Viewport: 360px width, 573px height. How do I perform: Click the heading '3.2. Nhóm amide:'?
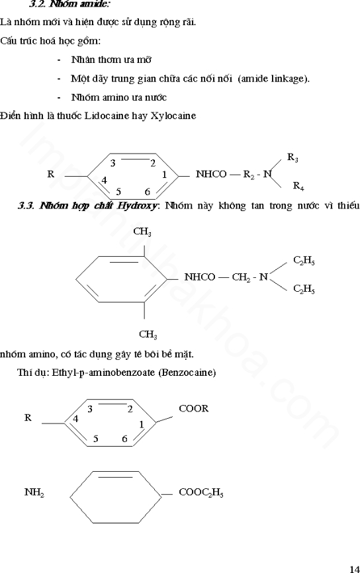(x=69, y=5)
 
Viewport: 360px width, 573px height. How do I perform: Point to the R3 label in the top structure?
(x=292, y=157)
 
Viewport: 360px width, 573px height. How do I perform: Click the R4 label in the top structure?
(x=298, y=186)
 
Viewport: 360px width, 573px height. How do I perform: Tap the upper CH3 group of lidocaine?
(x=142, y=232)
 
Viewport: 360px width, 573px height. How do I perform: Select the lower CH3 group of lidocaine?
(x=148, y=334)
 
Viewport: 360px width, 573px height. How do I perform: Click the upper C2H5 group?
(x=304, y=261)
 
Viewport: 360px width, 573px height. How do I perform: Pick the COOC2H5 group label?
(x=201, y=492)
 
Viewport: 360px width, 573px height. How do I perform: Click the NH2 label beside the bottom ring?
(x=34, y=492)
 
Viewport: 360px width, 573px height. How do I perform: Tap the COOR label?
(x=194, y=408)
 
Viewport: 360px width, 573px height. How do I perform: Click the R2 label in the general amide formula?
(x=249, y=175)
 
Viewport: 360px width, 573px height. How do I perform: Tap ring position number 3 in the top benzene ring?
(x=113, y=163)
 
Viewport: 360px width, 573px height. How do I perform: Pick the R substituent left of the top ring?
(x=50, y=174)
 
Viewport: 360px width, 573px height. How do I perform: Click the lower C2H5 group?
(x=304, y=289)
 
